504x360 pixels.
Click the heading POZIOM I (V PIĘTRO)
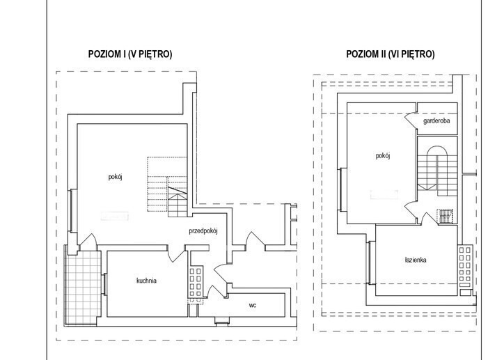[130, 54]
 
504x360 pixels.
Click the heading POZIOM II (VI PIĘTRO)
[391, 54]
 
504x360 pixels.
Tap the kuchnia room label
[147, 281]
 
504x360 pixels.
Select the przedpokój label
[203, 230]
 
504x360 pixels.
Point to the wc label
[253, 306]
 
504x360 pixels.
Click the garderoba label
[436, 121]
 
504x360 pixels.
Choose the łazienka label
[416, 260]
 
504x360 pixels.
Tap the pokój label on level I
[116, 177]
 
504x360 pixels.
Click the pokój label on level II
[383, 156]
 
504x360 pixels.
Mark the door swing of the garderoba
[411, 120]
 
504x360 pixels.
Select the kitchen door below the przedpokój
[176, 253]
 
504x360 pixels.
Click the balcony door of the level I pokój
[88, 241]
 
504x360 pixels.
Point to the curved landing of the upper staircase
[436, 150]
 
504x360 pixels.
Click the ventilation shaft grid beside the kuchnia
[195, 281]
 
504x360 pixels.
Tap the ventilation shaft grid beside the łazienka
[465, 267]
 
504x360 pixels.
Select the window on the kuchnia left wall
[104, 284]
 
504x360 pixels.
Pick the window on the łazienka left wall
[369, 263]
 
